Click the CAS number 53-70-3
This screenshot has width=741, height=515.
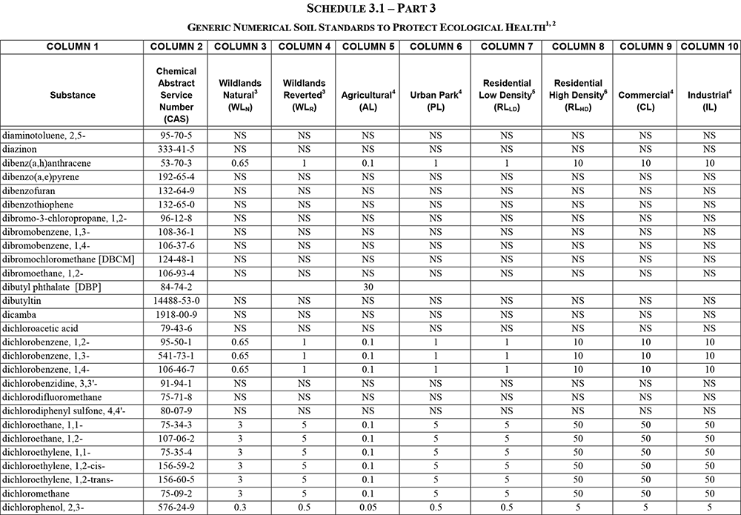(176, 162)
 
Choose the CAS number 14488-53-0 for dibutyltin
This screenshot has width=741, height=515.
(176, 301)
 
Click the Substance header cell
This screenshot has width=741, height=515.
(73, 95)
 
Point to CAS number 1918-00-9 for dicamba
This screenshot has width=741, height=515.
(176, 315)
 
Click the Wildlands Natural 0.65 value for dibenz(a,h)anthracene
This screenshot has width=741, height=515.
(239, 162)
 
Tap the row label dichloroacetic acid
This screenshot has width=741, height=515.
(40, 328)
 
